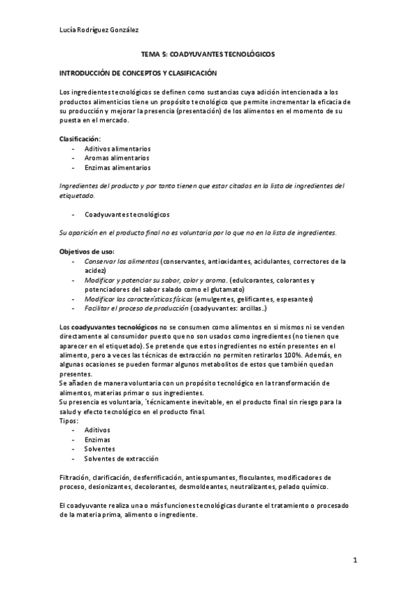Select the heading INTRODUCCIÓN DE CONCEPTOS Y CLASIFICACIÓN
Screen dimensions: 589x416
(x=138, y=73)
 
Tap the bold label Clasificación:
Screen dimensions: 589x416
(x=80, y=139)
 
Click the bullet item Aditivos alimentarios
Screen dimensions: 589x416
(x=117, y=149)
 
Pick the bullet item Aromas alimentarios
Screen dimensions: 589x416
(x=117, y=158)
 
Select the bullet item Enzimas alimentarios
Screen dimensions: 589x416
(x=117, y=167)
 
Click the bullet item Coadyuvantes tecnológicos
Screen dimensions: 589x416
(x=127, y=215)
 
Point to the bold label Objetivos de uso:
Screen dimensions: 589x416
(x=88, y=251)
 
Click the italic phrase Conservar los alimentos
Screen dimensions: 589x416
(x=122, y=261)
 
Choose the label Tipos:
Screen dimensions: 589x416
(x=69, y=421)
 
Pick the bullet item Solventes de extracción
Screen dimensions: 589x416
(x=121, y=458)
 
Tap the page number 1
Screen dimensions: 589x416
(x=354, y=560)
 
